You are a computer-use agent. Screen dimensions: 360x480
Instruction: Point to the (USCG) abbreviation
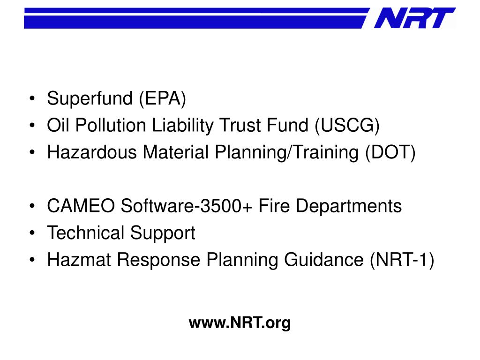click(348, 126)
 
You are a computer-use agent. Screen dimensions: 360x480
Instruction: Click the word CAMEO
click(81, 206)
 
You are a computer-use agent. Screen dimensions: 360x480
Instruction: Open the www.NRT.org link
click(240, 323)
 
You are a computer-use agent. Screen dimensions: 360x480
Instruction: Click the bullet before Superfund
click(32, 99)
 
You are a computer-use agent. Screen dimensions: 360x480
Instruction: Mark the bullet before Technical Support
click(32, 233)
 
